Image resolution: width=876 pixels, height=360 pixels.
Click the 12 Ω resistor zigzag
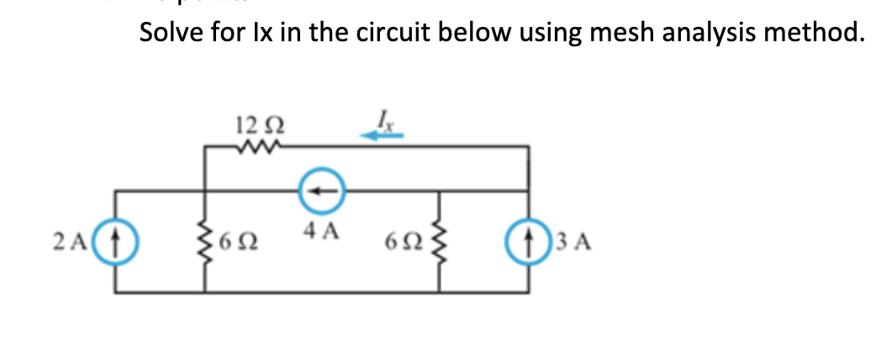pyautogui.click(x=253, y=148)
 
